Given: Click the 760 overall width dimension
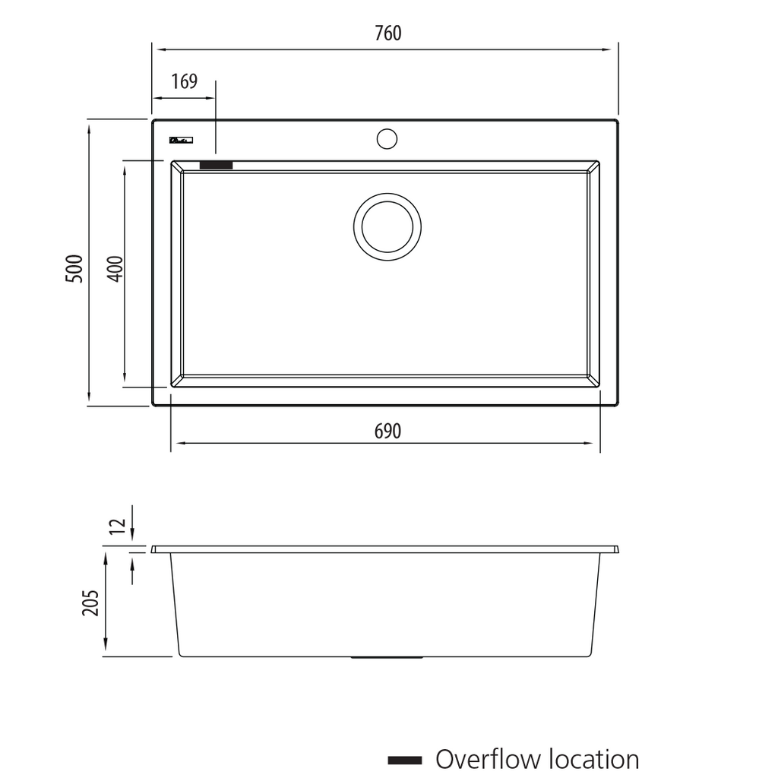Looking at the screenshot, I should pyautogui.click(x=387, y=33).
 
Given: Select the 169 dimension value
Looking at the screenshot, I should pyautogui.click(x=184, y=81).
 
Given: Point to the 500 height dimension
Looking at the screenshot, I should pyautogui.click(x=74, y=268).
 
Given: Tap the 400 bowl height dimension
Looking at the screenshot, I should pyautogui.click(x=115, y=268).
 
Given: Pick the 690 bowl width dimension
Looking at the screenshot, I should pyautogui.click(x=387, y=432).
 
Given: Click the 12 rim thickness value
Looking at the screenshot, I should pyautogui.click(x=116, y=526).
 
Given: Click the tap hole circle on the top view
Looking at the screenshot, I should pyautogui.click(x=387, y=138).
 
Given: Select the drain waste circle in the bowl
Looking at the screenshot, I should pyautogui.click(x=387, y=226).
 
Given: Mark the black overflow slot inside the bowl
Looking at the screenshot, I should pyautogui.click(x=216, y=165).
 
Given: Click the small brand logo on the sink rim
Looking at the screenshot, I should pyautogui.click(x=181, y=140).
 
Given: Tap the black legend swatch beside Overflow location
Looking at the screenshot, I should pyautogui.click(x=404, y=760).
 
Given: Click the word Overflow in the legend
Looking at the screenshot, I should pyautogui.click(x=487, y=759).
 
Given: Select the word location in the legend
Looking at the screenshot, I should pyautogui.click(x=593, y=759).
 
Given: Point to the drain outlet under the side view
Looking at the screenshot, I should pyautogui.click(x=387, y=657).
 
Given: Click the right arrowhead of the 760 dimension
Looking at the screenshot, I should pyautogui.click(x=607, y=50).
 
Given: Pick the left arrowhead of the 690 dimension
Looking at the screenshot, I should pyautogui.click(x=176, y=444).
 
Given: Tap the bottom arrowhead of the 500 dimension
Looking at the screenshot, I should pyautogui.click(x=90, y=400).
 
